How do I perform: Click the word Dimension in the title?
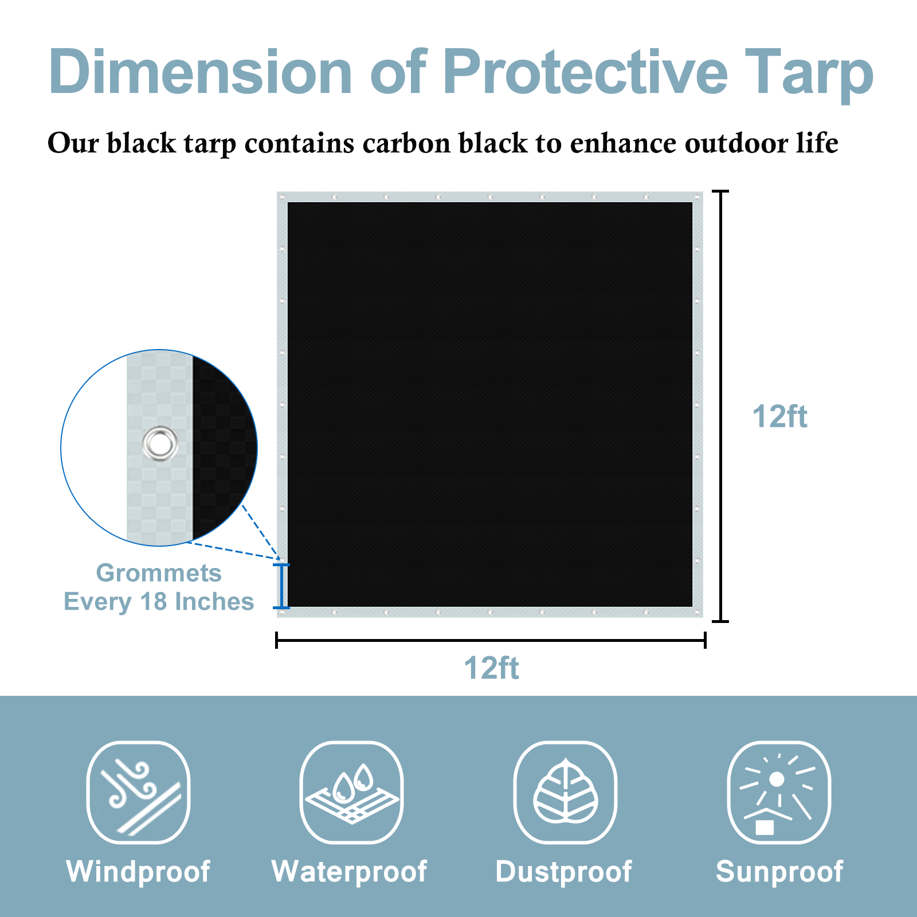point(200,72)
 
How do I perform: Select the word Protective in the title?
point(585,72)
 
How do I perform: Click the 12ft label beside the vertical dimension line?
point(779,417)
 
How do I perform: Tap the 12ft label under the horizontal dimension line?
point(491,668)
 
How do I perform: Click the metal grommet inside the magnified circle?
point(160,443)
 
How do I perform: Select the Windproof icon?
point(138,792)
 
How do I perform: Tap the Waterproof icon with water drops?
point(351,792)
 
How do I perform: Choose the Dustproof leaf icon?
point(565,792)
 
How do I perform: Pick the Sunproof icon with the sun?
point(779,792)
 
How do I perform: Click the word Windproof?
point(138,872)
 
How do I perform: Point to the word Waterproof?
point(349,872)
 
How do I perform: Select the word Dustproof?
point(563,872)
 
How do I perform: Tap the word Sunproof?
point(779,872)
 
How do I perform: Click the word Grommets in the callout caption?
point(159,573)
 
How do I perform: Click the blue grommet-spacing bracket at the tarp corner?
point(281,586)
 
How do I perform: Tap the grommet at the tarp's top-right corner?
point(697,197)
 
